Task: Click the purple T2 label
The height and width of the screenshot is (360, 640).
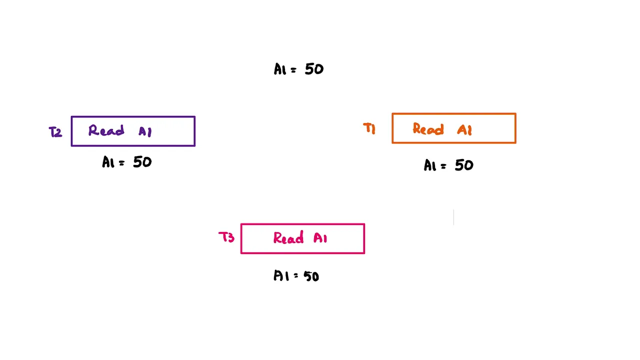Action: point(55,132)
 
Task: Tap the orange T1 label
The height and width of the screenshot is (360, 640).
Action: point(369,128)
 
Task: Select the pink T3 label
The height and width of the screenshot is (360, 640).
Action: point(226,237)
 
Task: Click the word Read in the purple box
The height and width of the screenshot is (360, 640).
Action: point(106,130)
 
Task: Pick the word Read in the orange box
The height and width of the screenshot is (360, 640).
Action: point(428,129)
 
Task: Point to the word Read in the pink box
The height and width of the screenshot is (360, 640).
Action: point(288,237)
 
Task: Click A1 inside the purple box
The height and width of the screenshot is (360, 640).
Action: point(145,131)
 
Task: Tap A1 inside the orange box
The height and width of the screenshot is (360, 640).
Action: point(464,130)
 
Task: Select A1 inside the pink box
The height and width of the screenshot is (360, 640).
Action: point(320,238)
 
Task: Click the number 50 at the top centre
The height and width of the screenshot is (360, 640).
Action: point(314,69)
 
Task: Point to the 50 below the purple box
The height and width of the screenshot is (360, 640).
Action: point(142,162)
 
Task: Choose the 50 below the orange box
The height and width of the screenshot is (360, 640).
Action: point(464,165)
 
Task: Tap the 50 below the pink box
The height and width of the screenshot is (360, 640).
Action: point(311,276)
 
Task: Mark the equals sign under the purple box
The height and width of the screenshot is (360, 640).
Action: point(122,163)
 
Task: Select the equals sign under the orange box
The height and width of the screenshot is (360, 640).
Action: point(443,166)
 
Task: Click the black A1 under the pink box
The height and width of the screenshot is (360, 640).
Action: point(281,275)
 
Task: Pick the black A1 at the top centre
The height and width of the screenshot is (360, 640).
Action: point(280,69)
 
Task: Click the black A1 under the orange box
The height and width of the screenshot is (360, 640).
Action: point(430,165)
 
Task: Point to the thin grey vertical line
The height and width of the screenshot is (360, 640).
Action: point(453,217)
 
